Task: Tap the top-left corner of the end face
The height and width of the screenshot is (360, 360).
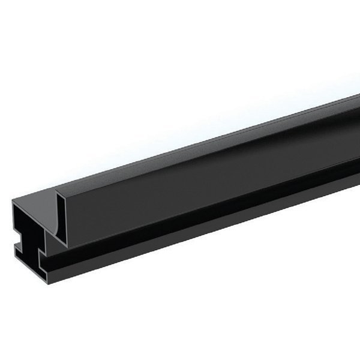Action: pos(13,202)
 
